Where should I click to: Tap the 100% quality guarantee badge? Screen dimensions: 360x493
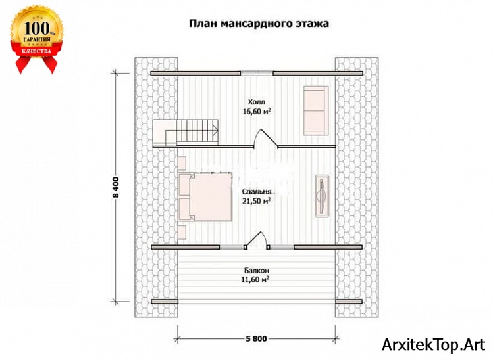36,38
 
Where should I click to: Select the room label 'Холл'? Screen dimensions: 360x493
257,102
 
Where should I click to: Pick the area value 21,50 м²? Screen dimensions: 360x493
257,201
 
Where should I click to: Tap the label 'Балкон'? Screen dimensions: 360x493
256,270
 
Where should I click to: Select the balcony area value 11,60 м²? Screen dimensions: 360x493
256,280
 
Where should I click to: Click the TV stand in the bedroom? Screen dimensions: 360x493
323,195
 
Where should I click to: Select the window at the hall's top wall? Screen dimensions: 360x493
257,72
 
